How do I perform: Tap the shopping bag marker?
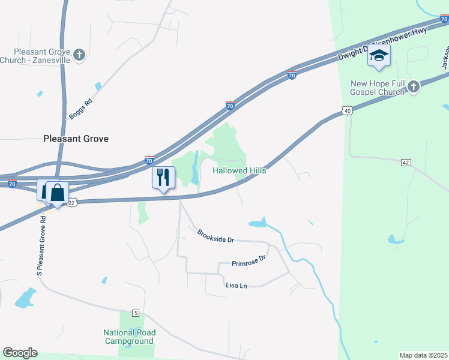click(57, 193)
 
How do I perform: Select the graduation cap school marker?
click(379, 56)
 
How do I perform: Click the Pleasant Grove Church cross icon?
click(79, 56)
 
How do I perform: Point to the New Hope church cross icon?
click(412, 87)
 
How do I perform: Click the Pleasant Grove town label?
click(76, 139)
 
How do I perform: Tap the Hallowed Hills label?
click(240, 171)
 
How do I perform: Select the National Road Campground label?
click(129, 337)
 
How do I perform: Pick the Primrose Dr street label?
click(249, 262)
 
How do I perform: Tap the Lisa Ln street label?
click(236, 286)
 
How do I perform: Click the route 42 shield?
click(406, 163)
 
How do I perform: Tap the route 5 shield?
click(136, 313)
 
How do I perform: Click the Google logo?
click(20, 353)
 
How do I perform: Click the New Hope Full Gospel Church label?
click(378, 88)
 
